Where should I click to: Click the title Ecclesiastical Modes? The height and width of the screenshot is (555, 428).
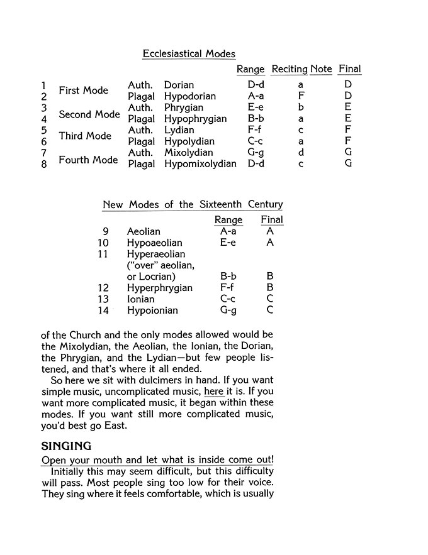(189, 54)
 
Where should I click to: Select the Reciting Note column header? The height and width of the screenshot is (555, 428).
(301, 69)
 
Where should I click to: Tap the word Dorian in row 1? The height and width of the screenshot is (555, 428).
(179, 85)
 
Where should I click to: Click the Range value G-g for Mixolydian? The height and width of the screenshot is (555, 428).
(256, 153)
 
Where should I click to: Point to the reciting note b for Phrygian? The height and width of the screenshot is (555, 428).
(301, 107)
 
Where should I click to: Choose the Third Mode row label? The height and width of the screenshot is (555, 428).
(84, 136)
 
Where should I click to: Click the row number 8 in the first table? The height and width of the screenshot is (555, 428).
(44, 165)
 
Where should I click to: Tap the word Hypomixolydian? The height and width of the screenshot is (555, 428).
(200, 164)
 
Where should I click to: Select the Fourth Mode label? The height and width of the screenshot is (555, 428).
(88, 160)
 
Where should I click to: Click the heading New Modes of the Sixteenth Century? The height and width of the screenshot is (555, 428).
(193, 204)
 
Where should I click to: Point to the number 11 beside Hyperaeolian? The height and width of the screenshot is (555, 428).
(103, 254)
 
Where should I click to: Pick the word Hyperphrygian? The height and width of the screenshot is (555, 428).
(159, 288)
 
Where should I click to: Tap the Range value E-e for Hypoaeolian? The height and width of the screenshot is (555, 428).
(228, 243)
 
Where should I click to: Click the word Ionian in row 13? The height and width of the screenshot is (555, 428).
(140, 299)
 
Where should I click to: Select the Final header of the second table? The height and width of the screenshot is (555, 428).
(272, 220)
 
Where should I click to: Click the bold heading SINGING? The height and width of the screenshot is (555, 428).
(66, 446)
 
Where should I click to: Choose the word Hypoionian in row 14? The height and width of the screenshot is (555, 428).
(152, 310)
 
